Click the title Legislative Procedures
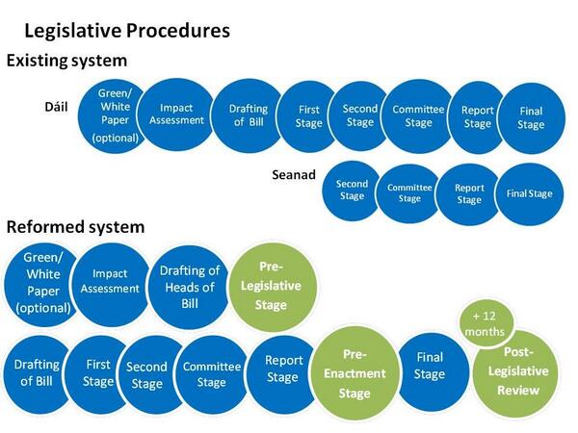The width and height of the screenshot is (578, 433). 126,30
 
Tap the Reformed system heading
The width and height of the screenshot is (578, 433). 75,228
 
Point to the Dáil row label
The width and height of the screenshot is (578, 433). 58,104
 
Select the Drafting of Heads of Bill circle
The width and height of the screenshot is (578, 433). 190,287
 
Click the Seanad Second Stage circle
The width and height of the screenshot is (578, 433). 353,191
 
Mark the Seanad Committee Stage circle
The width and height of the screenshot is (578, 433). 410,193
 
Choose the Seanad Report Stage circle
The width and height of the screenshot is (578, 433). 469,193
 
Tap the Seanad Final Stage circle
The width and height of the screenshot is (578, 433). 529,193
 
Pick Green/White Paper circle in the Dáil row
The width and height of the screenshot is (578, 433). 116,115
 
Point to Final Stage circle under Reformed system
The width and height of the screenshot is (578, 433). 430,366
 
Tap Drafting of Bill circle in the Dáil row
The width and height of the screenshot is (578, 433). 248,115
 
